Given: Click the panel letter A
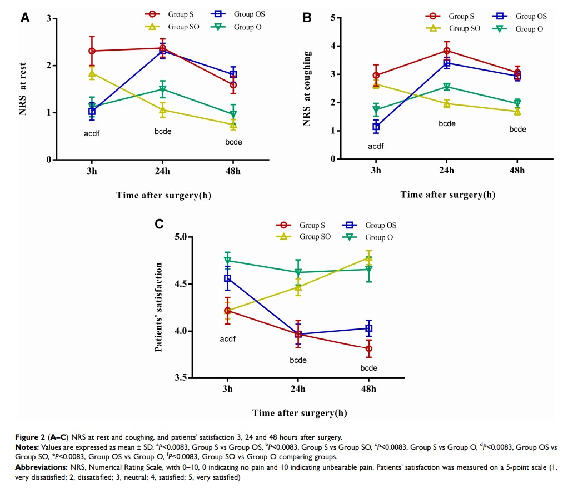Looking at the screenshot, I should tap(25, 18).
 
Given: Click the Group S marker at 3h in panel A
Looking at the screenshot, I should tap(92, 51).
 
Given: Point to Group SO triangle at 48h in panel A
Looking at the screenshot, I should tap(233, 125).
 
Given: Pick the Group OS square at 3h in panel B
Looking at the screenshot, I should tap(376, 127).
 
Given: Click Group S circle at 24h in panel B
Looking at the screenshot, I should tap(447, 51).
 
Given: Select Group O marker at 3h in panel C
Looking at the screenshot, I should tap(227, 261).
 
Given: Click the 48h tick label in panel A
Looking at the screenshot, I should tap(233, 171).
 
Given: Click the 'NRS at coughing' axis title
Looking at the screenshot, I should tap(307, 88).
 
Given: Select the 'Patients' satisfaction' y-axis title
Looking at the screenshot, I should tap(158, 307).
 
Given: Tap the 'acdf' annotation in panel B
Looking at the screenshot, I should tap(376, 147).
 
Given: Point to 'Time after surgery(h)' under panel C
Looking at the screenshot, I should tap(300, 412).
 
